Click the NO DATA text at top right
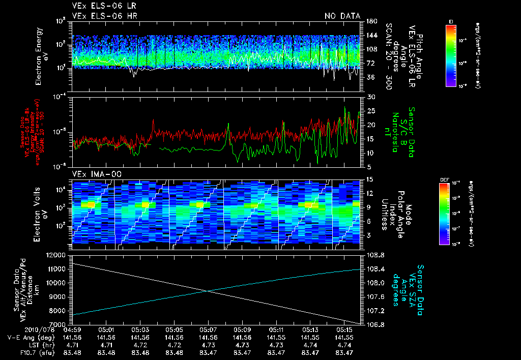pos(342,16)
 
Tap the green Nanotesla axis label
pos(395,131)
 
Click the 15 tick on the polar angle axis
pos(370,179)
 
